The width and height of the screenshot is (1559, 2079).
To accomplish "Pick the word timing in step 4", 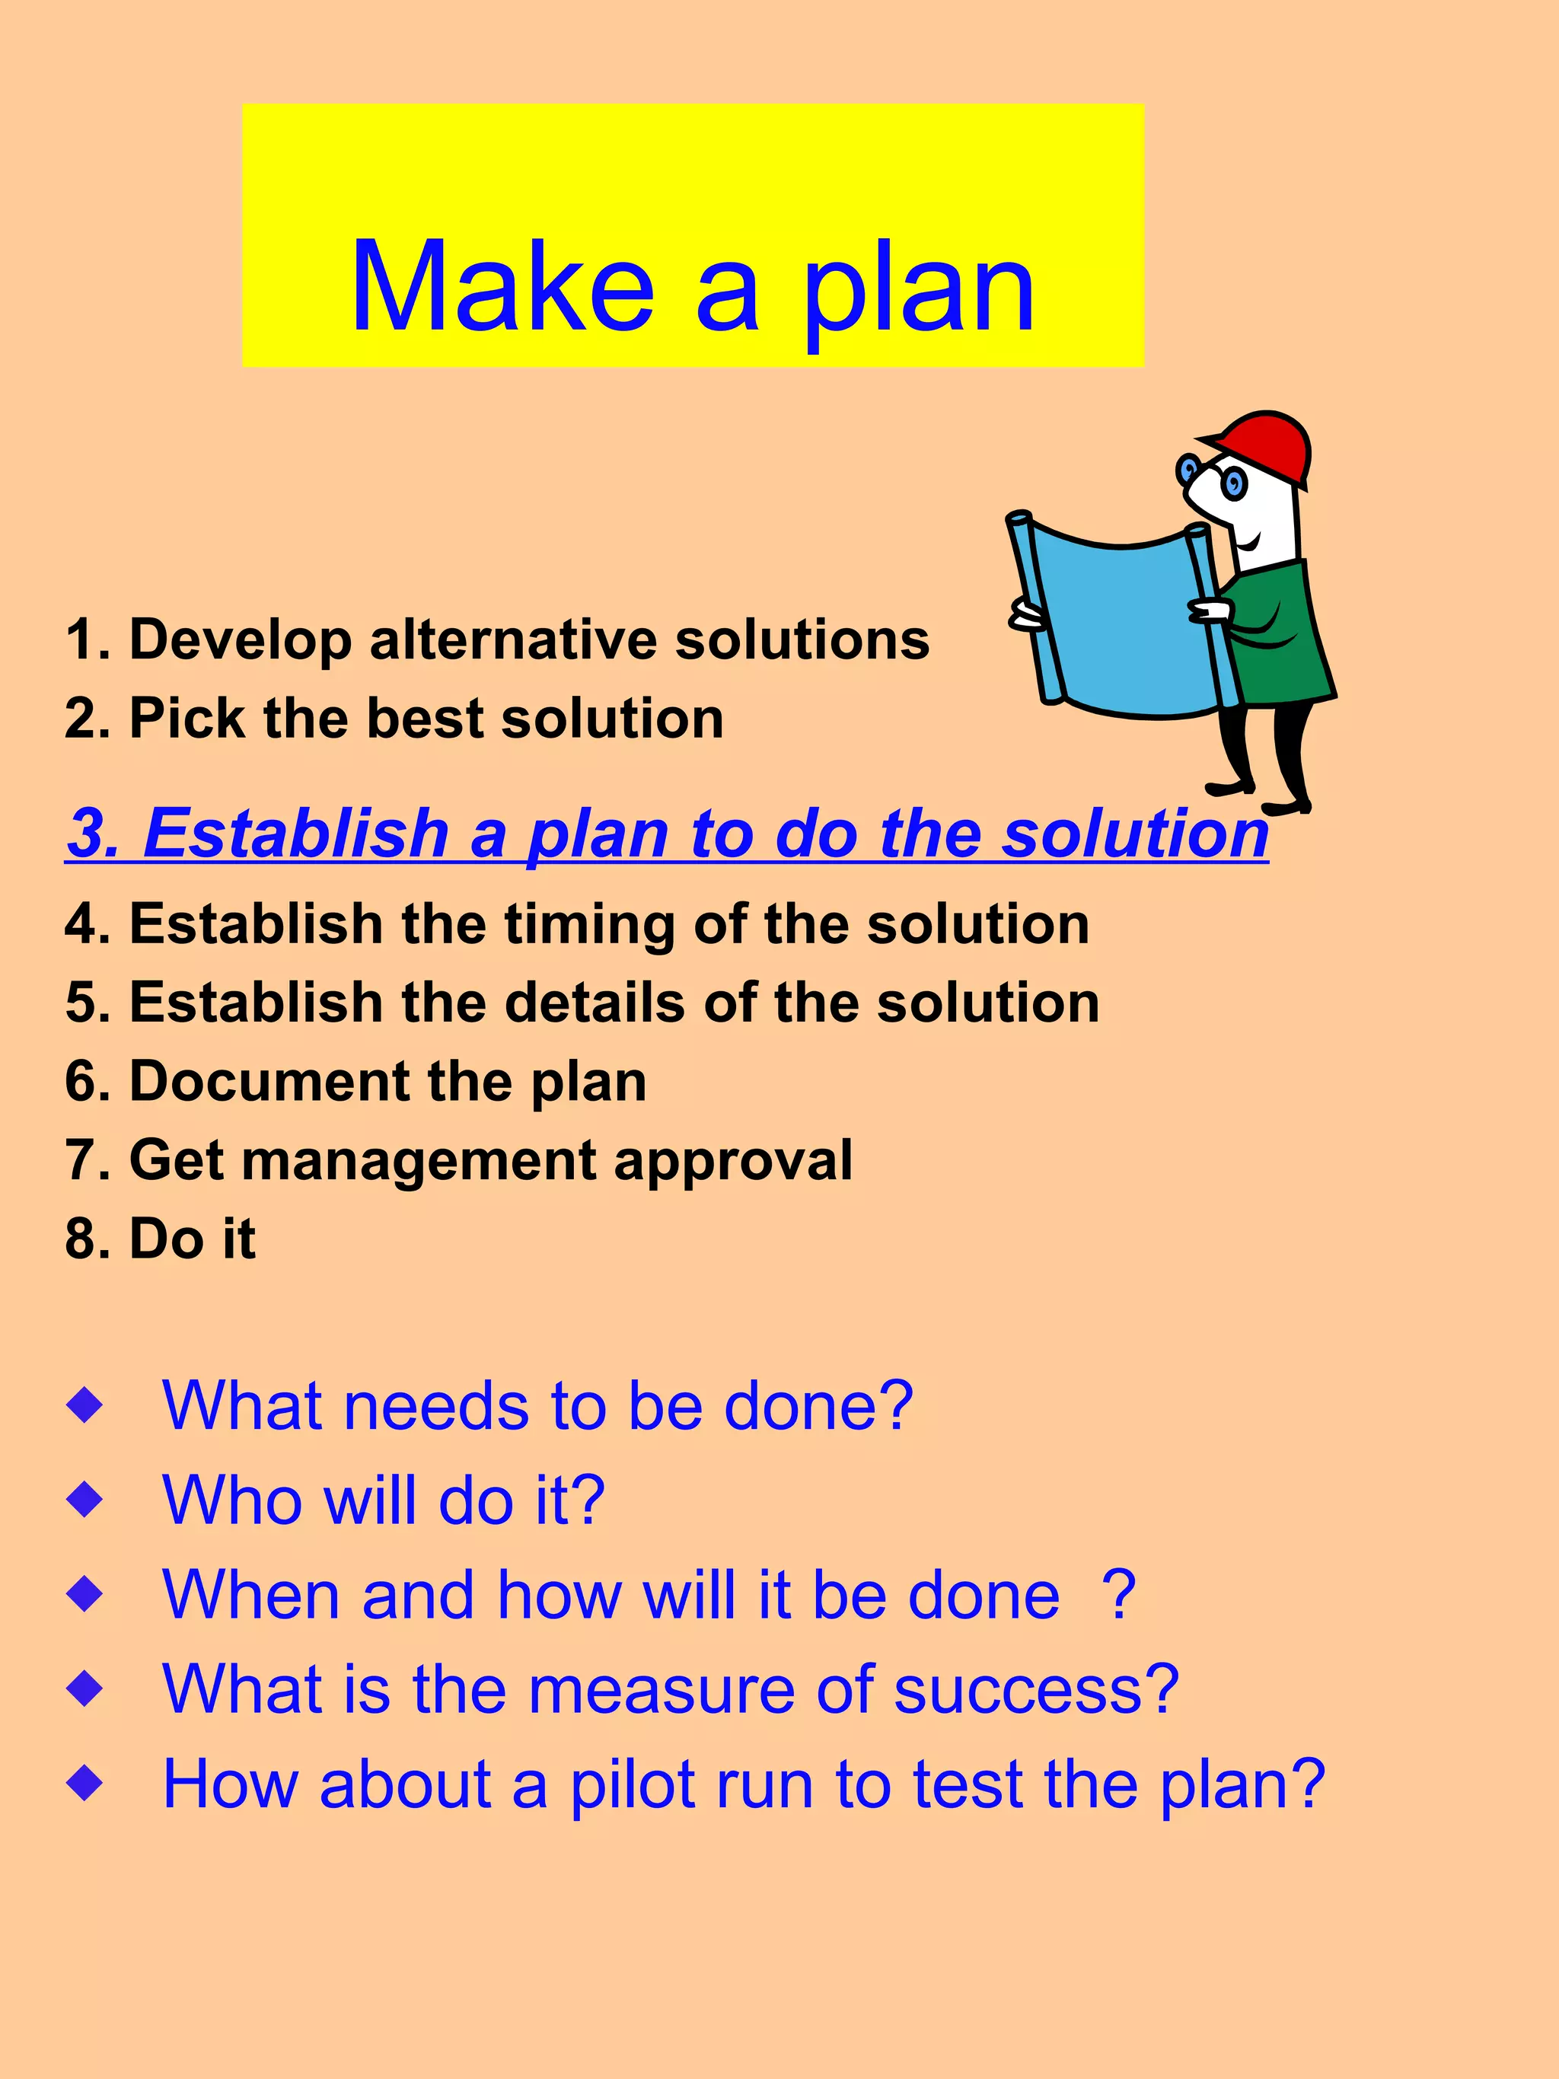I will pyautogui.click(x=589, y=924).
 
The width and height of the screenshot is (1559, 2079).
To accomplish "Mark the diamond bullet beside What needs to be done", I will pyautogui.click(x=85, y=1407).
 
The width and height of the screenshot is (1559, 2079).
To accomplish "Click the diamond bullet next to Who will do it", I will pyautogui.click(x=85, y=1501).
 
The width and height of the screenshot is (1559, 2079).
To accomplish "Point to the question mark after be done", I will pyautogui.click(x=1119, y=1595).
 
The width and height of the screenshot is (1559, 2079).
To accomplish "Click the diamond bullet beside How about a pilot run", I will pyautogui.click(x=85, y=1782).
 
